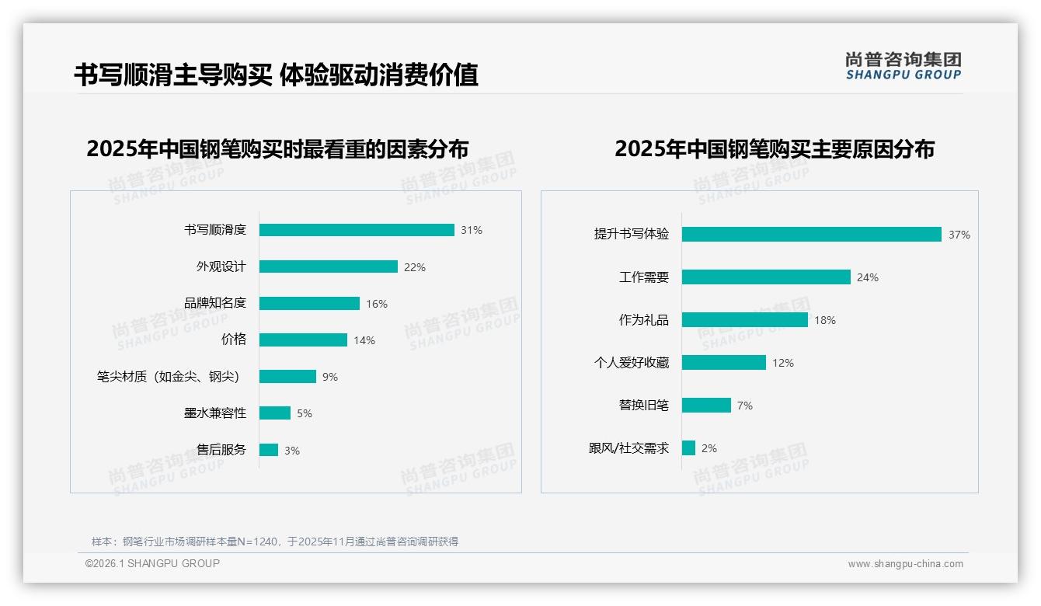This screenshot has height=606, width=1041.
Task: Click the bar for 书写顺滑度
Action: point(357,230)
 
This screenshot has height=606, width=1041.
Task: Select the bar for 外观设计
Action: point(328,266)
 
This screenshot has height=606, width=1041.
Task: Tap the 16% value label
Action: point(377,304)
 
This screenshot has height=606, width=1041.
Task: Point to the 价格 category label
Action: point(233,340)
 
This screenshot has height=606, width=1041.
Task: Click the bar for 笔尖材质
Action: point(287,377)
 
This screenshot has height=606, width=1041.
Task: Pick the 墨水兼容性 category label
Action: point(214,413)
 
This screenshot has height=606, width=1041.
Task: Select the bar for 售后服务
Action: point(269,450)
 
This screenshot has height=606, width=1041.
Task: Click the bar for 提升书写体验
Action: point(811,235)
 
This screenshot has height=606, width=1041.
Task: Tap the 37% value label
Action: point(959,235)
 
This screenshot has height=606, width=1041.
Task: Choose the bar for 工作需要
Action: point(766,277)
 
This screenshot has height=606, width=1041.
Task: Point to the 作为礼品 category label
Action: point(643,320)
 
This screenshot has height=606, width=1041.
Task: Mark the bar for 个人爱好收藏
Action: point(723,363)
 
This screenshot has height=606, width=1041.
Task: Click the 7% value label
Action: point(744,406)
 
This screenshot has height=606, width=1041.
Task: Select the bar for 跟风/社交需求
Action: point(688,448)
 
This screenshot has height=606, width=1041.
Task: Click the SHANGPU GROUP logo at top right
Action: point(903,66)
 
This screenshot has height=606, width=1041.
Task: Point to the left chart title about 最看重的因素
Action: point(277,149)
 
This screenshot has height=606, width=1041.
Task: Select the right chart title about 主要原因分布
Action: point(774,149)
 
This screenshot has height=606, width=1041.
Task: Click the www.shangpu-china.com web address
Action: point(905,564)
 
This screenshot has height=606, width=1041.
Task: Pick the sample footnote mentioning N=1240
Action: point(275,542)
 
